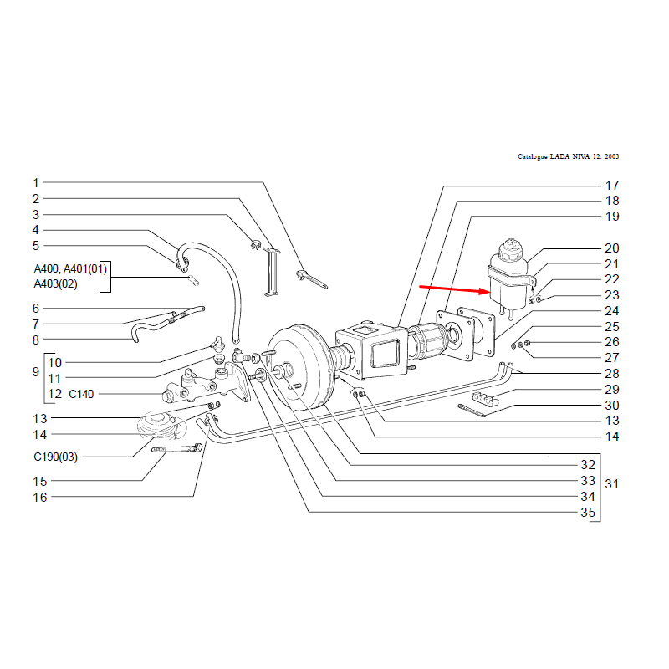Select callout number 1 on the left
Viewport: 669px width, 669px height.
[x=36, y=182]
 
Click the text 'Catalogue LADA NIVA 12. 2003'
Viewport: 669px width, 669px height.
[x=569, y=156]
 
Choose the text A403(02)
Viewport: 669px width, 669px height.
[x=56, y=284]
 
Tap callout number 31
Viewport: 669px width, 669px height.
[x=611, y=484]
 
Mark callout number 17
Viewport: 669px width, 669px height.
[x=611, y=185]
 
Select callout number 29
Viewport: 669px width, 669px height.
[x=611, y=389]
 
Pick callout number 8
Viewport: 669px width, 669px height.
[x=36, y=340]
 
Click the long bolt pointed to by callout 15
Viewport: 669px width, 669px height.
[x=176, y=450]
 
